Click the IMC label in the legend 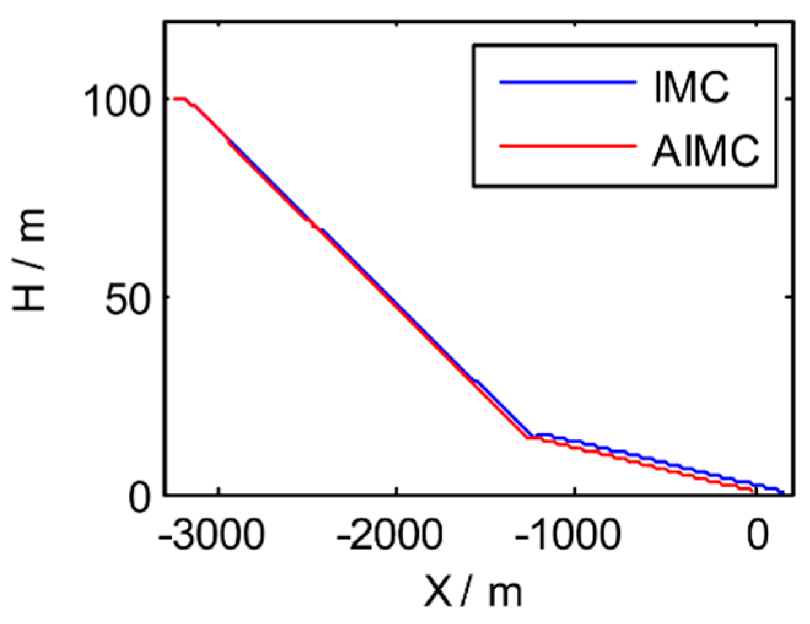coord(691,88)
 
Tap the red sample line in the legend coord(567,146)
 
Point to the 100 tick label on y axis coord(116,101)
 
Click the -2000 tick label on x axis coord(389,536)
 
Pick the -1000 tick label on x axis coord(567,536)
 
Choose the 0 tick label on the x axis coord(757,536)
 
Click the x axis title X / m coord(472,592)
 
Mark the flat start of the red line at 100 coord(179,98)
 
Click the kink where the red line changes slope coord(528,437)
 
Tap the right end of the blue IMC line coord(783,492)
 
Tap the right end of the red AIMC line coord(753,491)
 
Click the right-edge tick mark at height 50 coord(790,297)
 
